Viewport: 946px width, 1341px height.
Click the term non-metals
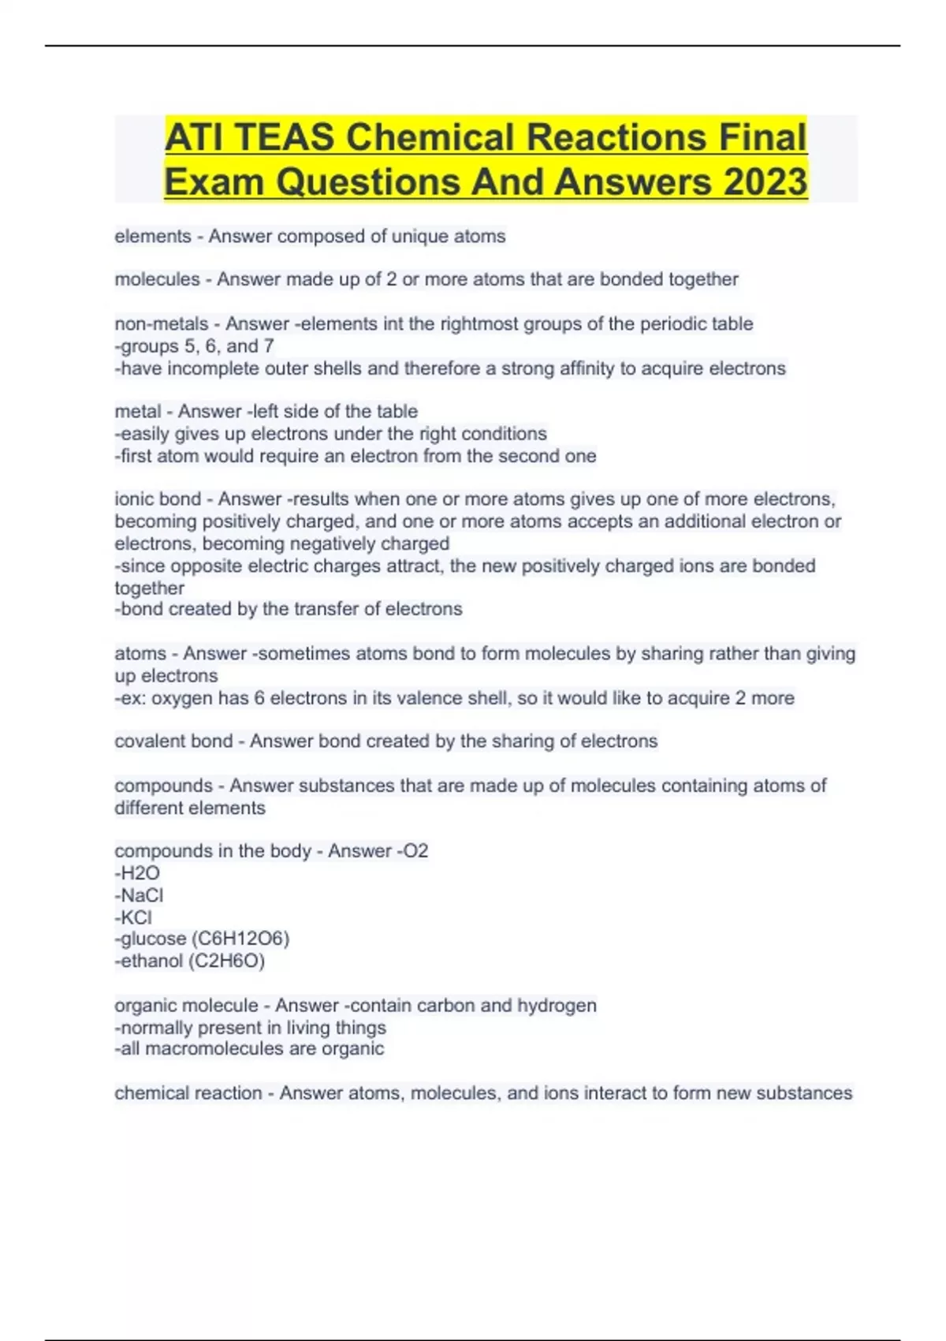click(x=162, y=323)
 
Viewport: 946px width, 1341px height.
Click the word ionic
click(x=135, y=499)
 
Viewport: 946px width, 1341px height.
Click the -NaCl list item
click(x=140, y=895)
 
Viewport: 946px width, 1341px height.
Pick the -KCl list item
click(x=134, y=917)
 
